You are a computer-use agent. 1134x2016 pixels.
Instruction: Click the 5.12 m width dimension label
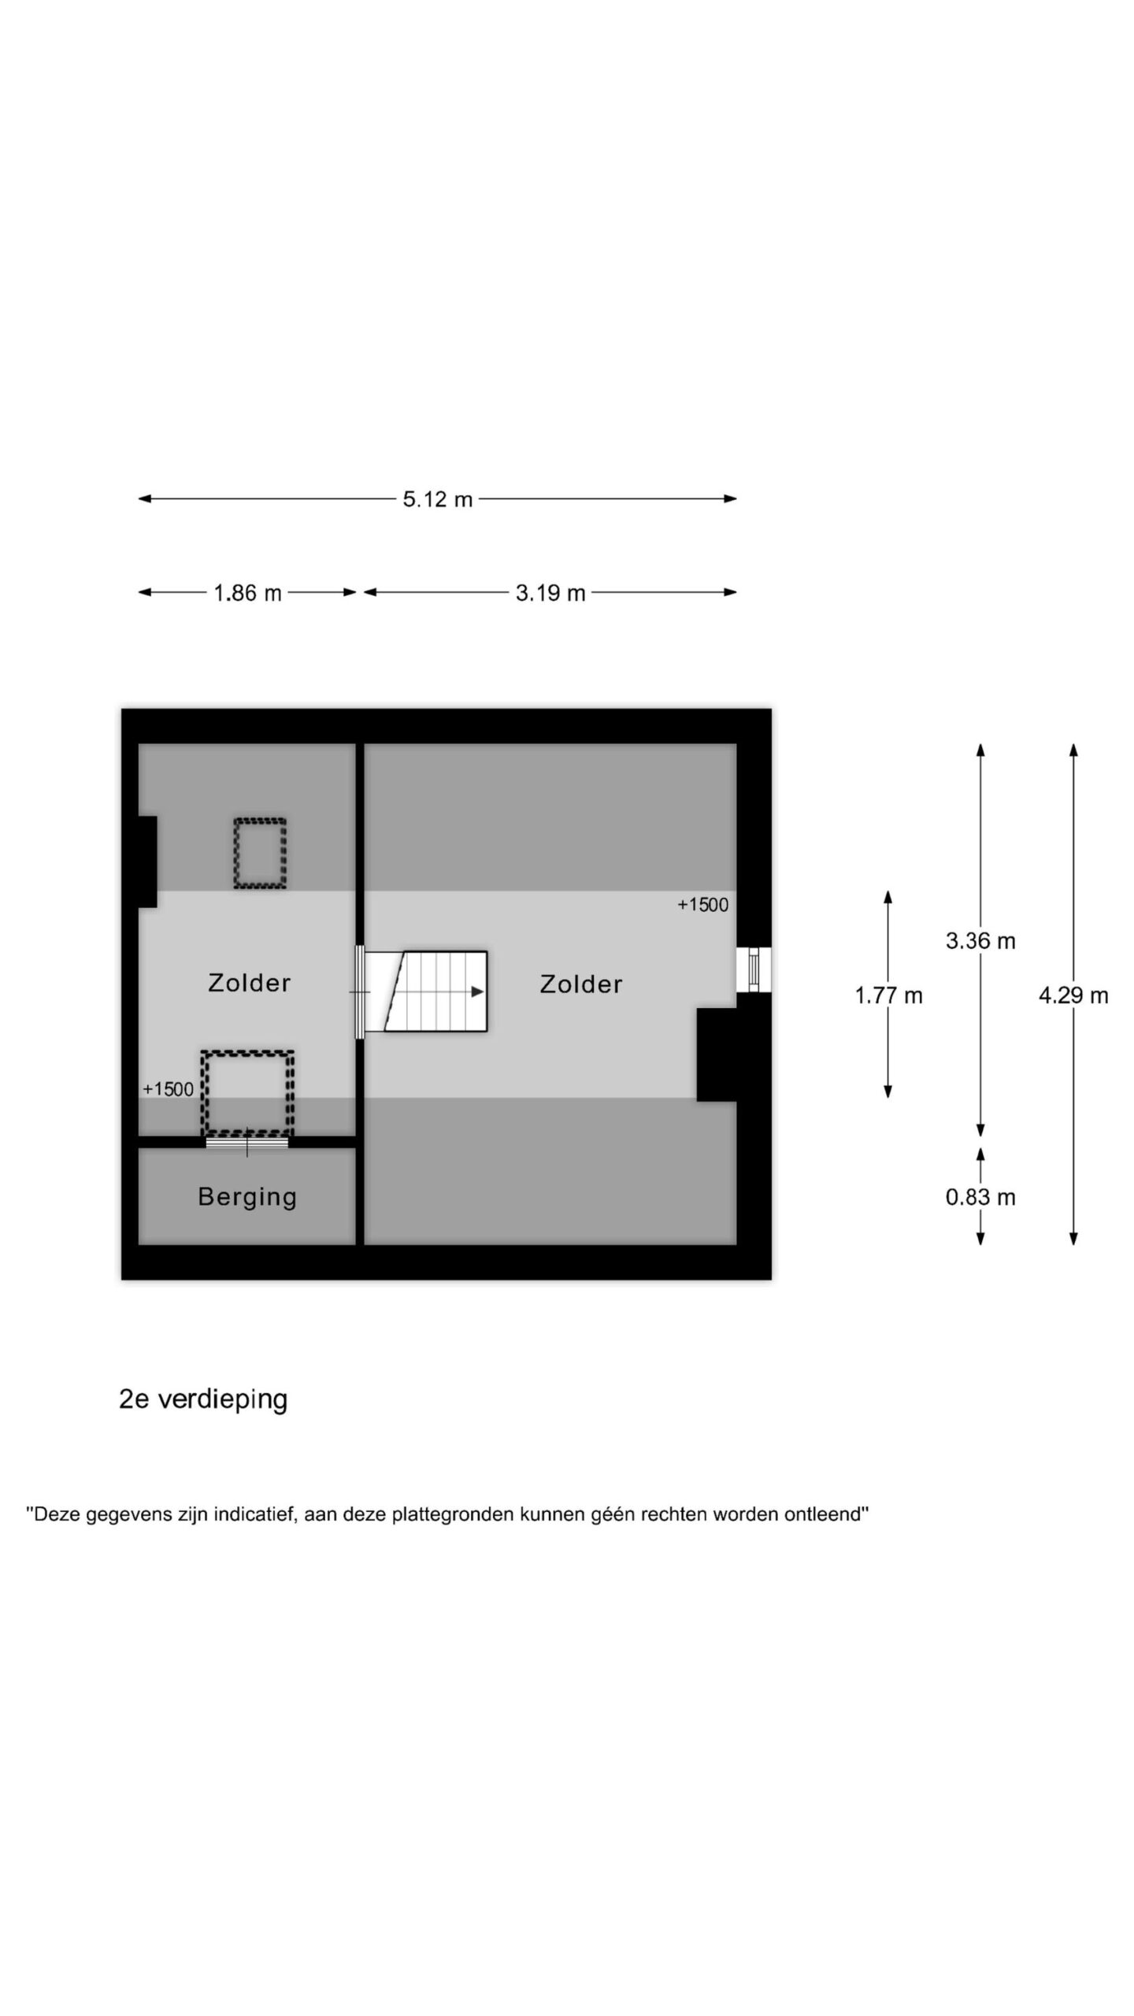pos(437,499)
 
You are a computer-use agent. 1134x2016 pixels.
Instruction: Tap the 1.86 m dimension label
pos(247,593)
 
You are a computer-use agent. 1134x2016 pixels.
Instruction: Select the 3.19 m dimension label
pos(550,593)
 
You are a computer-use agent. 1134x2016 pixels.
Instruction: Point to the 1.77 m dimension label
pos(888,996)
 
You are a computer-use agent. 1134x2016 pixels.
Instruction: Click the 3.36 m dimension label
pos(980,941)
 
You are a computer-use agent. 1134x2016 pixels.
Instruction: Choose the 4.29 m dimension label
pos(1073,996)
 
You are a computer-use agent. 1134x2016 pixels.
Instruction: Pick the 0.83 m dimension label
pos(980,1198)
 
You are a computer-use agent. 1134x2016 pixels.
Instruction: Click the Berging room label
pos(247,1197)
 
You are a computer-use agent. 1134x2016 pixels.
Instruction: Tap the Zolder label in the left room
pos(249,983)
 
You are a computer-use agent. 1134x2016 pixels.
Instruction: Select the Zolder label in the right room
pos(581,984)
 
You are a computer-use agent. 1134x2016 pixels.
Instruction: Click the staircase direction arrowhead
pos(477,992)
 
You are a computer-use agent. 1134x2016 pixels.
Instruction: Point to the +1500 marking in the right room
pos(703,906)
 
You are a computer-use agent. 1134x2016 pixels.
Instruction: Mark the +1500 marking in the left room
pos(168,1089)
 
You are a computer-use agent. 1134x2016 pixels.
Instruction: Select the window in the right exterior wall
pos(754,969)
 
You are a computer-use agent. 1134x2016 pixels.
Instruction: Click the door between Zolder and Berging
pos(247,1142)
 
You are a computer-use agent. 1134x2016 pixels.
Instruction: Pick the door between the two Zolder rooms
pos(360,992)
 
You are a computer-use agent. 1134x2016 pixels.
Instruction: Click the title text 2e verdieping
pos(203,1400)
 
